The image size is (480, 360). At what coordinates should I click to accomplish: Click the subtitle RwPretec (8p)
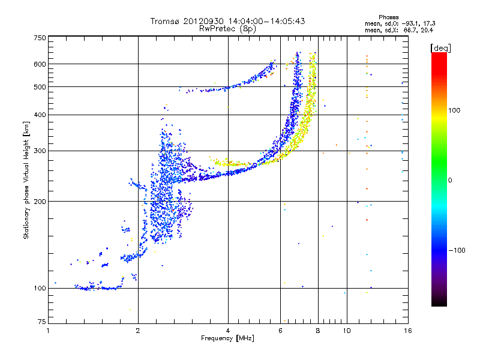pos(227,29)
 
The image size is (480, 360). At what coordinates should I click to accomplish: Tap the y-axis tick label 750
pos(40,38)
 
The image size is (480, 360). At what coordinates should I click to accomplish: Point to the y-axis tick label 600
pos(40,64)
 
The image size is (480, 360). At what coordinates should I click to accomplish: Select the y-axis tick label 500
pos(40,87)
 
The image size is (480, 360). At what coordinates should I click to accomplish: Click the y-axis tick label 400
pos(40,115)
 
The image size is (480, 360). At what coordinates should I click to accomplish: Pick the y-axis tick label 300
pos(40,151)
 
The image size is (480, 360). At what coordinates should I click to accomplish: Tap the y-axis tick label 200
pos(40,202)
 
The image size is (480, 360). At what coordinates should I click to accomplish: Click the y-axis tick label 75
pos(42,322)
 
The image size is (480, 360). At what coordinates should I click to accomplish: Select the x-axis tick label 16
pos(408,331)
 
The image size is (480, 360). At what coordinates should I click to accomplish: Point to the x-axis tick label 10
pos(347,331)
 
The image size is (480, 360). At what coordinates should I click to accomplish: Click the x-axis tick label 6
pos(280,331)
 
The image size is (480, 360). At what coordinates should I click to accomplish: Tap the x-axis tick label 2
pos(138,331)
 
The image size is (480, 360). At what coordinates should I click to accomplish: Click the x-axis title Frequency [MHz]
pos(227,338)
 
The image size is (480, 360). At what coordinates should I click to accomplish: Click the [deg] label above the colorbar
pos(440,48)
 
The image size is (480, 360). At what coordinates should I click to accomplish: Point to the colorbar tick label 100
pos(454,110)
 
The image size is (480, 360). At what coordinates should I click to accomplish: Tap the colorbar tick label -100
pos(457,250)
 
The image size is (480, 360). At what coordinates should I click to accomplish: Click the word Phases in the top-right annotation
pos(388,17)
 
